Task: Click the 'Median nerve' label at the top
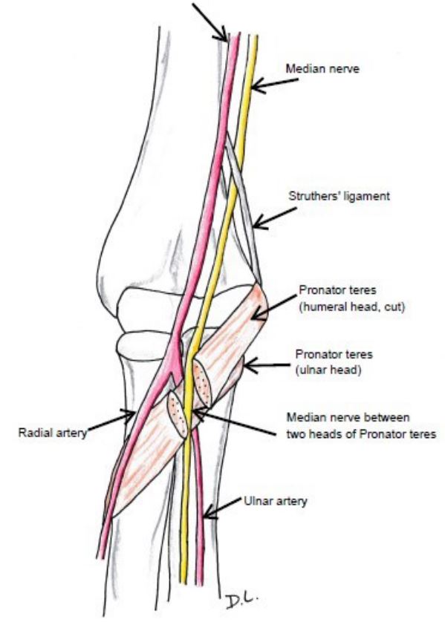pos(322,68)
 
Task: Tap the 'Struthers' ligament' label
pos(339,196)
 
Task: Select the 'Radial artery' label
pos(53,433)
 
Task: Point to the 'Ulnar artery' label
pos(275,501)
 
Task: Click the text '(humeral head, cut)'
pos(351,307)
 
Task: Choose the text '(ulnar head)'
pos(328,370)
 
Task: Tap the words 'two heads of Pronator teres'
pos(361,434)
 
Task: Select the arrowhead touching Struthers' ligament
pos(260,222)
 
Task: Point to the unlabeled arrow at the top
pos(209,22)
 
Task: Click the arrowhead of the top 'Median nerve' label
pos(258,85)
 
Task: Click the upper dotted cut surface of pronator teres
pos(202,383)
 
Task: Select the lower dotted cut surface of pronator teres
pos(178,413)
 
